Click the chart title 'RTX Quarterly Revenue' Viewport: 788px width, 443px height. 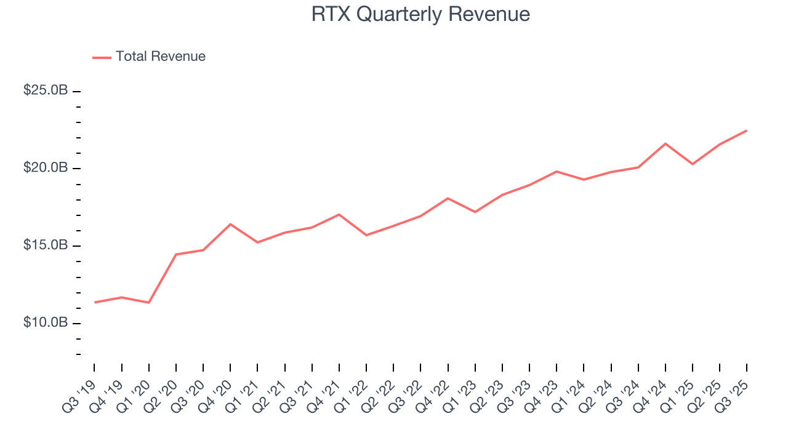tap(420, 14)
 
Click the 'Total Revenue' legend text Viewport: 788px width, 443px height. tap(160, 57)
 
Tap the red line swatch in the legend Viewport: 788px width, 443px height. tap(102, 57)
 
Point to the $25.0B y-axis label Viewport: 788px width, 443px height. tap(46, 90)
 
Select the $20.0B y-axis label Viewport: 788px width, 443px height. tap(46, 168)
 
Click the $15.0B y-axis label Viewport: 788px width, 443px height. tap(46, 245)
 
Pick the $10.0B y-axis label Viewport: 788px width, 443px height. tap(46, 323)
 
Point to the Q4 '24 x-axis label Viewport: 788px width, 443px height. tap(652, 391)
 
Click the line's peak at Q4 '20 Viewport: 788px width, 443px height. tap(230, 224)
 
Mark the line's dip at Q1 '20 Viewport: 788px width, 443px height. tap(149, 303)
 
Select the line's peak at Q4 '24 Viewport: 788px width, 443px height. tap(665, 143)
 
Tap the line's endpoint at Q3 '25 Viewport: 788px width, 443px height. tap(747, 130)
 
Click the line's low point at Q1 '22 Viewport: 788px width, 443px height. tap(366, 235)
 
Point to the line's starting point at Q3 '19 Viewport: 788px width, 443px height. tap(95, 302)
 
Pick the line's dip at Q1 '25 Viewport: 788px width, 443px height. tap(693, 164)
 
